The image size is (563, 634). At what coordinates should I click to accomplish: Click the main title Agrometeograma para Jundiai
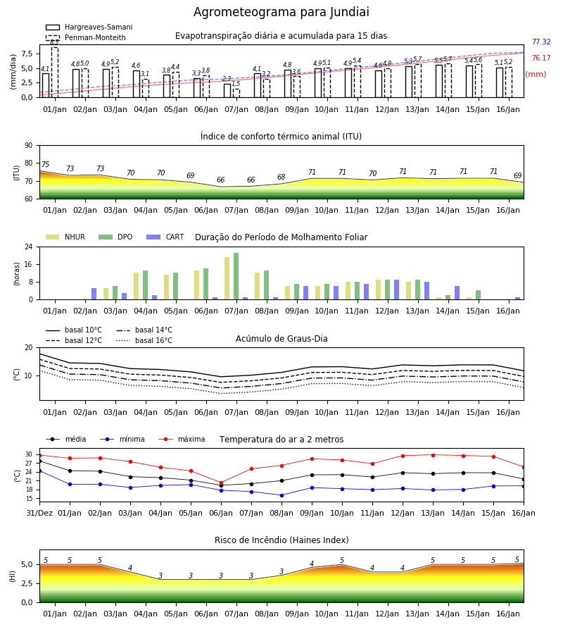(x=281, y=12)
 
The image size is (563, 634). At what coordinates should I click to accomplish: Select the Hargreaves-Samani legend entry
(x=89, y=27)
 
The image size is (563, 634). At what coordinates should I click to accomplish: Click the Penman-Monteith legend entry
(x=86, y=37)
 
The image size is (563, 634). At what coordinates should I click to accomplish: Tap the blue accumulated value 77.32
(x=541, y=42)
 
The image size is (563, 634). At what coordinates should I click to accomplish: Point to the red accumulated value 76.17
(x=541, y=58)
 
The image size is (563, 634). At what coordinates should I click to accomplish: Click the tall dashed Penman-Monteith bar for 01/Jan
(x=55, y=73)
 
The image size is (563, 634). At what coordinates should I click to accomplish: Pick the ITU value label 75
(x=45, y=164)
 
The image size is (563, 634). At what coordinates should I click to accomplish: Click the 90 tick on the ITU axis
(x=29, y=146)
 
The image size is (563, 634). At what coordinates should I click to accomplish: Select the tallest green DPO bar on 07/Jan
(x=236, y=276)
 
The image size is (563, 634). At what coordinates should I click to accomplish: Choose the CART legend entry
(x=165, y=237)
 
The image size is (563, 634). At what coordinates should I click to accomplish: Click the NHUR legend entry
(x=65, y=237)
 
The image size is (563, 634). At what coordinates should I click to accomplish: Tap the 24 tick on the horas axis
(x=29, y=247)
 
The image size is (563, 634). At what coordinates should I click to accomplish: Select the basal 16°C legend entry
(x=144, y=340)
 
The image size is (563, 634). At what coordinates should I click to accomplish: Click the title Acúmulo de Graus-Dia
(x=281, y=338)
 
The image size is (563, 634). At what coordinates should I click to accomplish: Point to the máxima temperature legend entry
(x=182, y=439)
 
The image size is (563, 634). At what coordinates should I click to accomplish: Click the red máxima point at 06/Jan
(x=221, y=483)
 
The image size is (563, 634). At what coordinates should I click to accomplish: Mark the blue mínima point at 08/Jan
(x=282, y=495)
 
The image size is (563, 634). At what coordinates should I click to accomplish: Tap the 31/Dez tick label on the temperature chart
(x=39, y=513)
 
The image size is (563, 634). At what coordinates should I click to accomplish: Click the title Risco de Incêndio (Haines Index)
(x=281, y=540)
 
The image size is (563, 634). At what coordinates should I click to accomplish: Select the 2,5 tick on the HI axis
(x=27, y=583)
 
